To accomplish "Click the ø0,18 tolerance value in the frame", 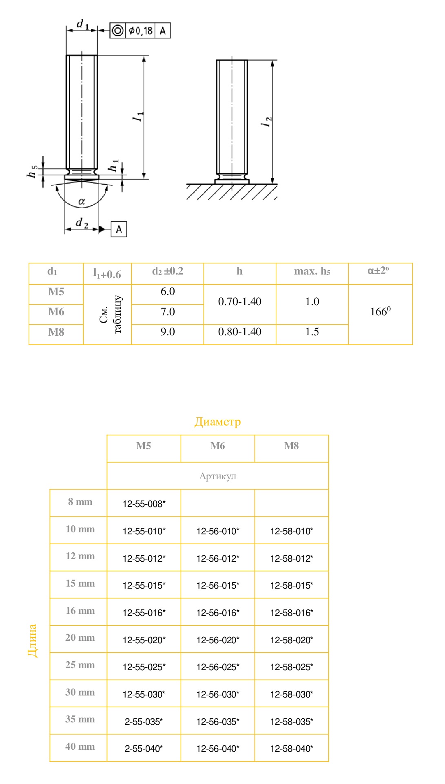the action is [x=140, y=31].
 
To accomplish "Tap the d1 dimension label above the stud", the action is [x=82, y=24].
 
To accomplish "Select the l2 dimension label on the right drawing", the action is [x=267, y=122].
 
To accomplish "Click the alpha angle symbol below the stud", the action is [x=82, y=201].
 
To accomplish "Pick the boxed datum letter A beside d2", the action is [x=119, y=229].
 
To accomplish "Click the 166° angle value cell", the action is [x=380, y=312].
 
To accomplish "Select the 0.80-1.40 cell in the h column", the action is [x=240, y=332].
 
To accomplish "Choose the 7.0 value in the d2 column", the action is [x=168, y=312].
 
